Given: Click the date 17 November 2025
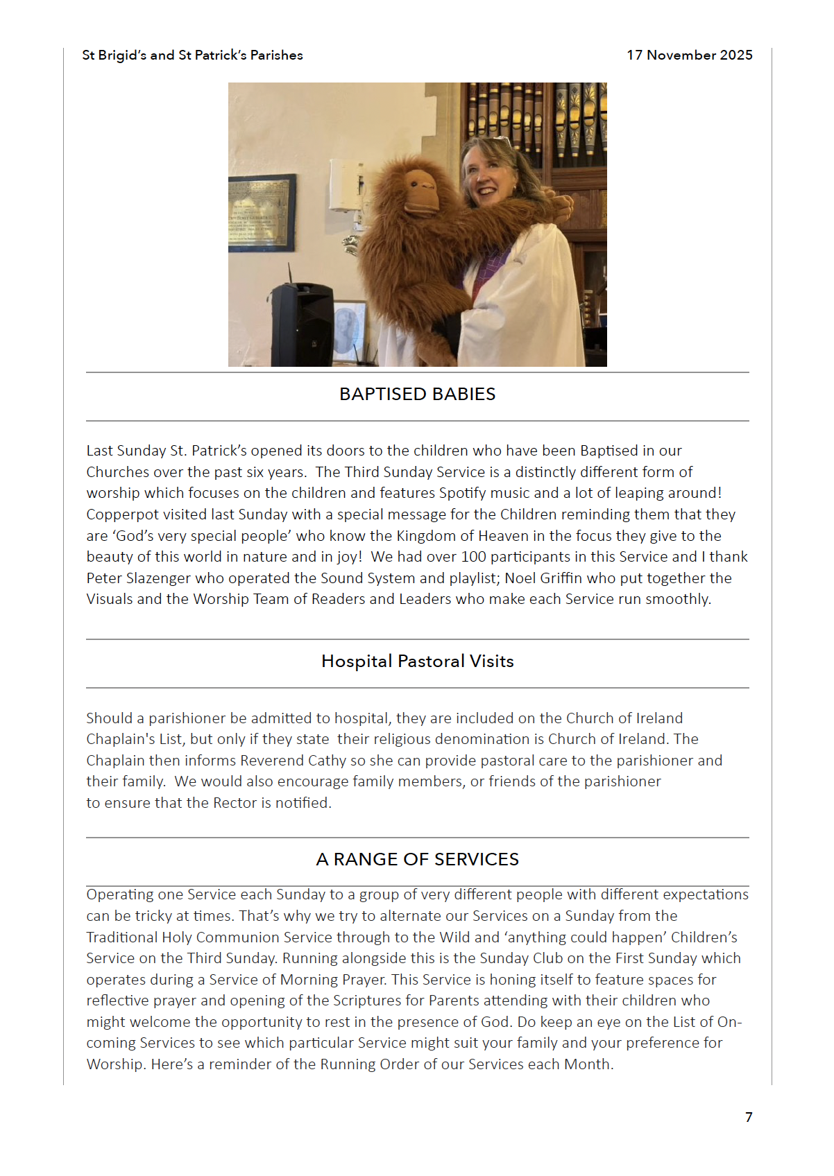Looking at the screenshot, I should (x=689, y=55).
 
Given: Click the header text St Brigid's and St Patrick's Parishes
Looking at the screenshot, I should (x=192, y=55).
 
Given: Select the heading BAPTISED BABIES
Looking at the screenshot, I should (x=417, y=394).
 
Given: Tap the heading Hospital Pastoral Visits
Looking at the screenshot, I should (x=417, y=661).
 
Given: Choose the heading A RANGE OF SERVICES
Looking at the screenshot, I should (x=417, y=860).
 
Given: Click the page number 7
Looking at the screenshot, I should (x=749, y=1117).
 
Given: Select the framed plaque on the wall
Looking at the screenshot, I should (x=262, y=214).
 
